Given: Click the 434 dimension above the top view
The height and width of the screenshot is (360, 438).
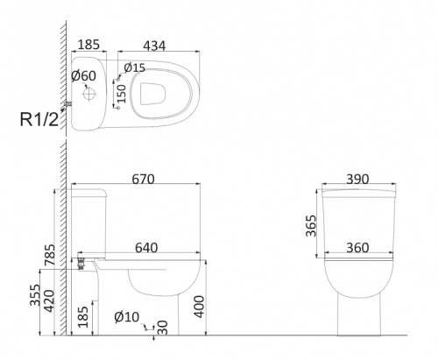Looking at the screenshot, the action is coord(154,46).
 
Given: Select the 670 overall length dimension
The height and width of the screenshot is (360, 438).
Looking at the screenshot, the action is coord(143,179).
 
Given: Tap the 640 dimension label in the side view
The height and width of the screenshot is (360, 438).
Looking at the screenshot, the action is coord(146,248).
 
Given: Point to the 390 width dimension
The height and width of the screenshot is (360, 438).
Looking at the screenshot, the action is coord(357,179).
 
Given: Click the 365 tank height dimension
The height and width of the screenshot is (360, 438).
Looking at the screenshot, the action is coord(311,226).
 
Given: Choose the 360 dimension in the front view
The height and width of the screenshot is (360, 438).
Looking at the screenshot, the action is coord(357,248).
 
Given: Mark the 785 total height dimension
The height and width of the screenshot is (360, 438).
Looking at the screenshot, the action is coord(50,255).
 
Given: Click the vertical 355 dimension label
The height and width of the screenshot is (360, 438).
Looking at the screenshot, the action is coord(35,295).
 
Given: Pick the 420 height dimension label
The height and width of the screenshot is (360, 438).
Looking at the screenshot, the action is coord(49,301).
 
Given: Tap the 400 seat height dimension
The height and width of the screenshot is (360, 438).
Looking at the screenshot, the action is coord(200,307).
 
